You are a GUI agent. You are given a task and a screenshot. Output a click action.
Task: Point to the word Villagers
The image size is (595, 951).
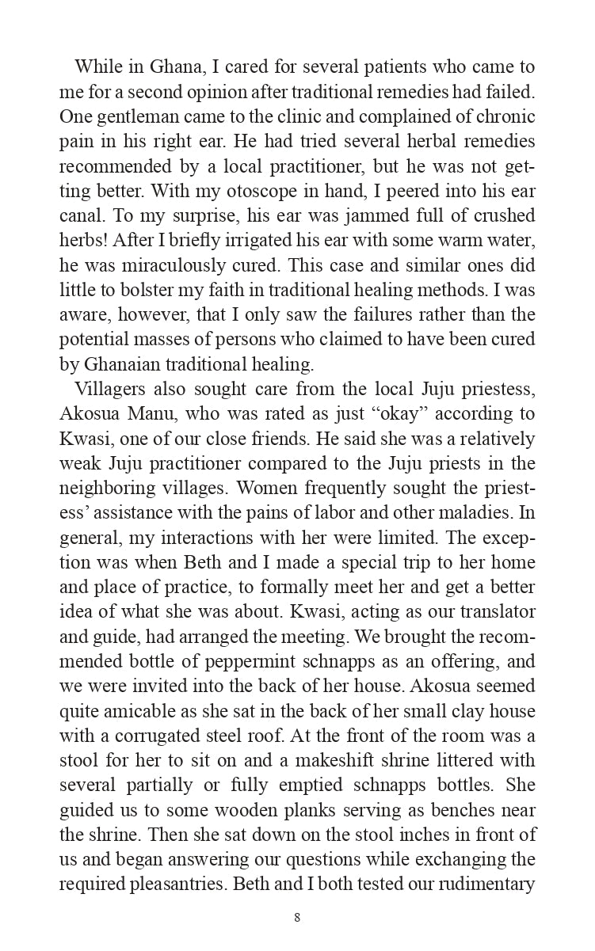click(x=109, y=389)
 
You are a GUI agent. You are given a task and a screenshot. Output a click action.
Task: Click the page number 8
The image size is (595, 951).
click(x=297, y=919)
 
